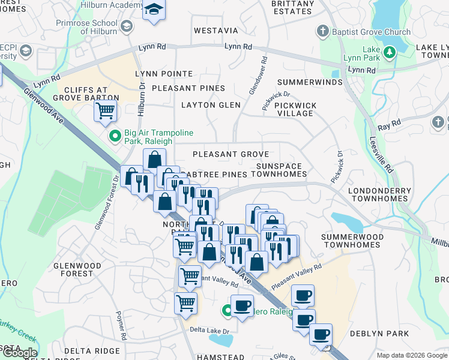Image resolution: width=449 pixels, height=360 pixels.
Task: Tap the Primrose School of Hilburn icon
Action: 126,26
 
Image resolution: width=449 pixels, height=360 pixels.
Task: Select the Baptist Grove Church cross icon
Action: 323,31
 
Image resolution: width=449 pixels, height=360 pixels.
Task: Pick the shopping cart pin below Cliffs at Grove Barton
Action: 105,110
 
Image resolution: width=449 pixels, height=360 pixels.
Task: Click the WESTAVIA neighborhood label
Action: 215,31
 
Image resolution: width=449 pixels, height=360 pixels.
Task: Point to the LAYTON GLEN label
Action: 211,105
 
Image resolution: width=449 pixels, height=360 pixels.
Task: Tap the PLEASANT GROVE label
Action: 231,154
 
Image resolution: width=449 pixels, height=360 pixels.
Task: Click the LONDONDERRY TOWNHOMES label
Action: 379,194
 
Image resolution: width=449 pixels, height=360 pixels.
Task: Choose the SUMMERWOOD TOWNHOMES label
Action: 351,241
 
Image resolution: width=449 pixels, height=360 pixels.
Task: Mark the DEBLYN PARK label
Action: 381,334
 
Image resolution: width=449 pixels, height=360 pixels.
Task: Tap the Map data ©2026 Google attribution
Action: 412,355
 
